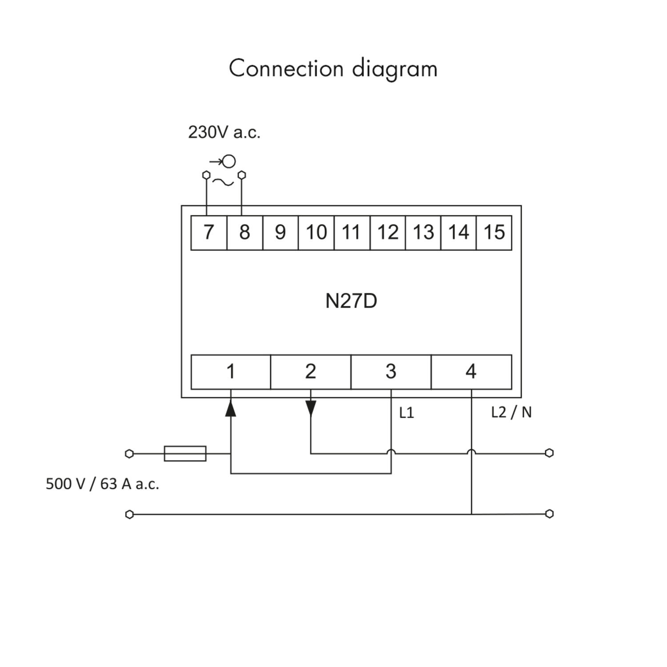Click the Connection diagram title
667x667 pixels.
333,69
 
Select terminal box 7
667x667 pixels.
209,233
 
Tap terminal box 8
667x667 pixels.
245,233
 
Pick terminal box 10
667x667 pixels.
316,233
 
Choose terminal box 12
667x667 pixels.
388,233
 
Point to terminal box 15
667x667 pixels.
494,233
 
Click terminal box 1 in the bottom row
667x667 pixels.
231,372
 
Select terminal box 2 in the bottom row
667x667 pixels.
311,372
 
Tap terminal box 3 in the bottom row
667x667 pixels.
391,372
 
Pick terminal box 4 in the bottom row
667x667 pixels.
471,372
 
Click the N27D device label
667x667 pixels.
351,301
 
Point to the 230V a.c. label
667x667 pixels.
224,133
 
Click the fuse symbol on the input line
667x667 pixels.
185,454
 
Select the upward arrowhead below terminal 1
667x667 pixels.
230,408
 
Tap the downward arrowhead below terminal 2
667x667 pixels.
311,408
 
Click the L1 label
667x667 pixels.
406,413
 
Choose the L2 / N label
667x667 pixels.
511,413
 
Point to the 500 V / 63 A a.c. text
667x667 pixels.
102,484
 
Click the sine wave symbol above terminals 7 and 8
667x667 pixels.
223,182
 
